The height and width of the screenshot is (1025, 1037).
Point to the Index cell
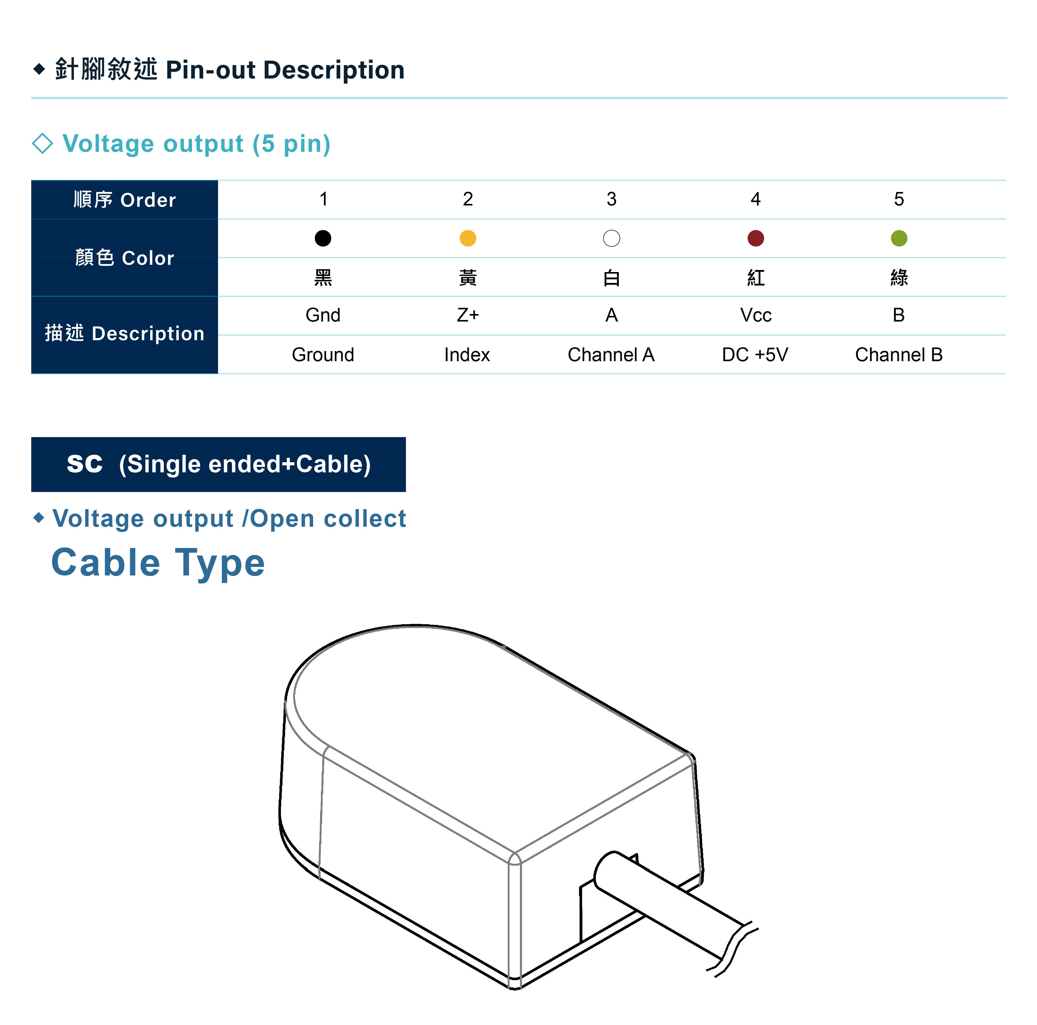tap(467, 355)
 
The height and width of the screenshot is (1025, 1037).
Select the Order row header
tap(124, 200)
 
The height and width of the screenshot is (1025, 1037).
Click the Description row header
tap(124, 334)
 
